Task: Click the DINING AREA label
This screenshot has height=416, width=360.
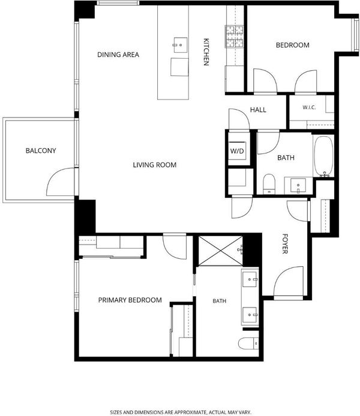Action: (118, 55)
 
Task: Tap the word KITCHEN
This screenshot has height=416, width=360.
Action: (206, 52)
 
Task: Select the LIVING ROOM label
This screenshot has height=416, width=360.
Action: (155, 165)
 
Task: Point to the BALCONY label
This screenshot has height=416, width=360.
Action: (41, 150)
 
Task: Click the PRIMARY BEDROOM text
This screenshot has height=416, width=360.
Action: (130, 300)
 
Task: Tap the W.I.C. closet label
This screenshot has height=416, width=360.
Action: (309, 107)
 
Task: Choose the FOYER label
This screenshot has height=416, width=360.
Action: (285, 244)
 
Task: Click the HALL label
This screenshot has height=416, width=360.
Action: (258, 110)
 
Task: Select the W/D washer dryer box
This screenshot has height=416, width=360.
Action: (237, 150)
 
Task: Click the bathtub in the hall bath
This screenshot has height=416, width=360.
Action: (323, 156)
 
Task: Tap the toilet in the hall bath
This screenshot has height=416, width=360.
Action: (269, 183)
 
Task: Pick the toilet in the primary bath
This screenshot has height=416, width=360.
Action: (248, 344)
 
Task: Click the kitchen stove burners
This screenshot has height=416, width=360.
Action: (235, 37)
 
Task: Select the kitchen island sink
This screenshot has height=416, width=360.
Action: (180, 45)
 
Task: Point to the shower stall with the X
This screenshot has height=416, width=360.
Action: (220, 251)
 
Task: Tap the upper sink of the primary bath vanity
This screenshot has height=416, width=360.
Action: (250, 279)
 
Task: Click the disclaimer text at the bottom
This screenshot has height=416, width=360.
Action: (180, 412)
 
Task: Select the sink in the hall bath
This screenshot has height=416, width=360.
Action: (298, 185)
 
